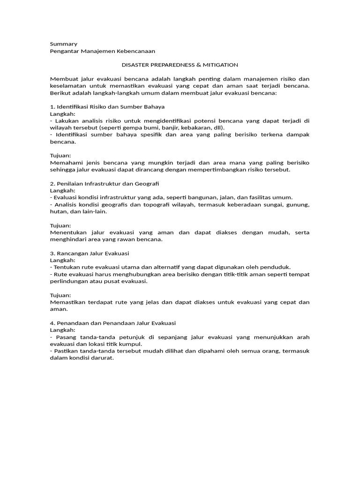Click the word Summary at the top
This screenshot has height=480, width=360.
[64, 44]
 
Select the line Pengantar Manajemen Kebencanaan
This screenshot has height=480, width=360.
[102, 51]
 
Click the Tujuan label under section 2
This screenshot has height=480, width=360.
[60, 225]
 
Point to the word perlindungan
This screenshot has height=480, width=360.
[67, 281]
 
